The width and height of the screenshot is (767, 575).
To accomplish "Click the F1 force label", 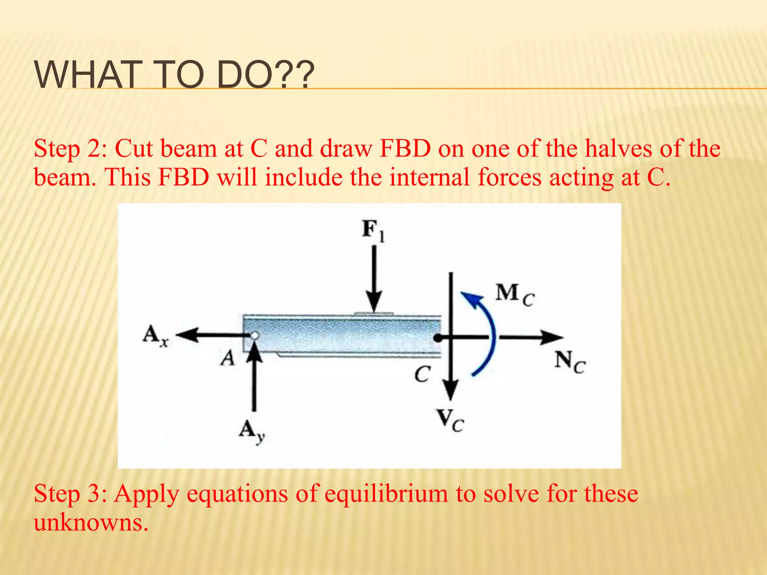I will [x=373, y=230].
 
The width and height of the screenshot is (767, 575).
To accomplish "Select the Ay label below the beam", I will [x=252, y=432].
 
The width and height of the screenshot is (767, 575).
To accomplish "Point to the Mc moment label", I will [x=515, y=295].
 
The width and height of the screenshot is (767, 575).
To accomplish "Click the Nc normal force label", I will [x=570, y=362].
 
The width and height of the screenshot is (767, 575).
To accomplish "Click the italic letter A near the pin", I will [x=227, y=358].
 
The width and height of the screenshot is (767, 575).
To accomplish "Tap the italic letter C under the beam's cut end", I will [x=422, y=374].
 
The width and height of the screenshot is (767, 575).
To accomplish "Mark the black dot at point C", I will [x=437, y=338].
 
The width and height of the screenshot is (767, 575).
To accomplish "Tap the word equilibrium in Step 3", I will [x=386, y=494].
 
